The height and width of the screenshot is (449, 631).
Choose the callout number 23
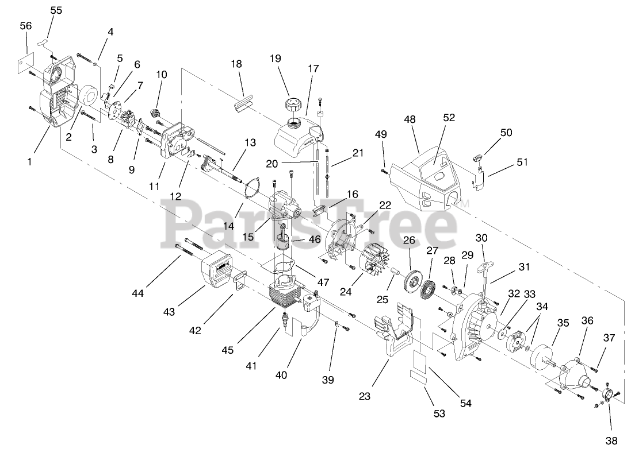click(x=365, y=396)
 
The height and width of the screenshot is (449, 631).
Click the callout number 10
click(x=162, y=74)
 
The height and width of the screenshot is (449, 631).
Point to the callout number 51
click(x=523, y=162)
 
